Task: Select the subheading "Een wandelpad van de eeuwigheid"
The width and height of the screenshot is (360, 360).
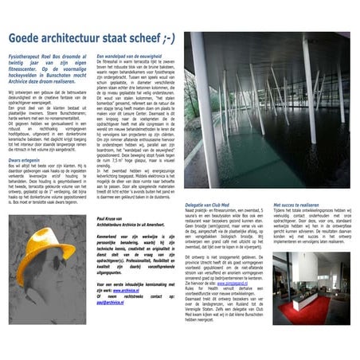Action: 127,57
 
